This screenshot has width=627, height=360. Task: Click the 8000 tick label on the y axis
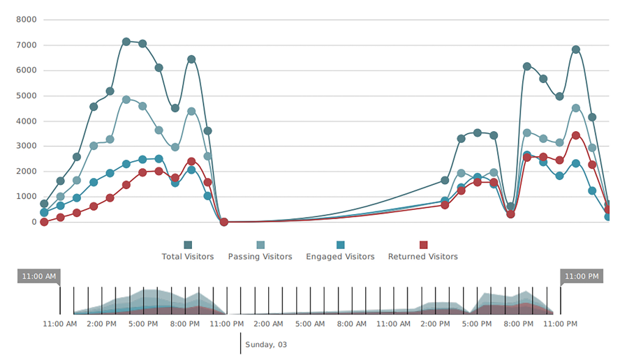click(26, 20)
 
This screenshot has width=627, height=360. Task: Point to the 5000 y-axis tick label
click(26, 96)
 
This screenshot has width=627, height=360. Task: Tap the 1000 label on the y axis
click(26, 197)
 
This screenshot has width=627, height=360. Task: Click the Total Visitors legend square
click(188, 245)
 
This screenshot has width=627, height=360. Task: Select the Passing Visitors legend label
click(260, 257)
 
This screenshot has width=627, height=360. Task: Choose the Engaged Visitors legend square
click(341, 245)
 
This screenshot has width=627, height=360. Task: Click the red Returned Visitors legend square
click(423, 245)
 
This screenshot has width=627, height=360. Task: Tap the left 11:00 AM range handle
click(39, 276)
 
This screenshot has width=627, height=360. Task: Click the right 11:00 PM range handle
click(581, 276)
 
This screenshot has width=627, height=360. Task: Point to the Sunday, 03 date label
click(266, 345)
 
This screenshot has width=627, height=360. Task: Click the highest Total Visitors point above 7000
click(126, 42)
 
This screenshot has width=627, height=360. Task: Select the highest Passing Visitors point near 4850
click(126, 100)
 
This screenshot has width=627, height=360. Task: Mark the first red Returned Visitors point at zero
click(44, 222)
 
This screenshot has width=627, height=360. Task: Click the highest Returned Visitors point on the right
click(576, 135)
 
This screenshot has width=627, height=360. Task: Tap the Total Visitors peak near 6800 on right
click(576, 50)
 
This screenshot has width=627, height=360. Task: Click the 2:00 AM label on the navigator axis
click(267, 324)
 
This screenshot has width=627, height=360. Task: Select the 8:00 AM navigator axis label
click(351, 324)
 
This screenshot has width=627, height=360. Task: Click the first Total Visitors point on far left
click(44, 204)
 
